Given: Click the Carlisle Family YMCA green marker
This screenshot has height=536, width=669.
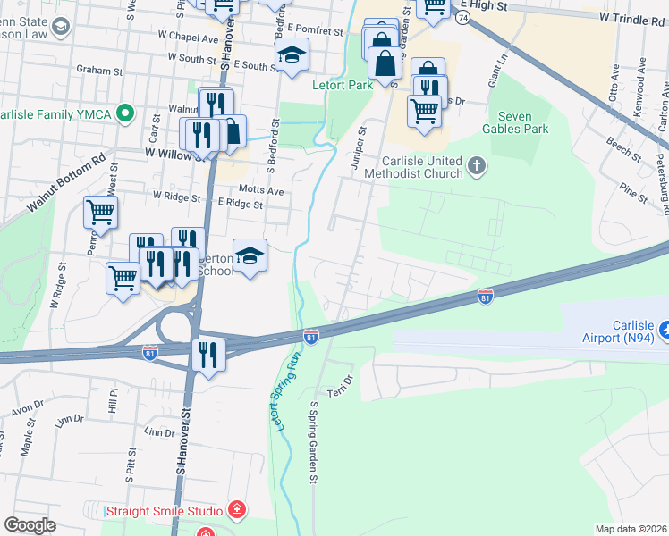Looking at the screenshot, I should [x=125, y=113].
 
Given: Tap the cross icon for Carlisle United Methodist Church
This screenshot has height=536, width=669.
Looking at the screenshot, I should [x=477, y=164].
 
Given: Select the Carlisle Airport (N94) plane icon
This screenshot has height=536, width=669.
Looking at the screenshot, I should [x=664, y=331].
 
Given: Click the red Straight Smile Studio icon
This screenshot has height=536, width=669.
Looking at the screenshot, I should [x=236, y=511].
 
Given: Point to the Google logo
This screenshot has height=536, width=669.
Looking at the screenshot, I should [x=30, y=525].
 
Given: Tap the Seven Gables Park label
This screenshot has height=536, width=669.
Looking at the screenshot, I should [x=524, y=121].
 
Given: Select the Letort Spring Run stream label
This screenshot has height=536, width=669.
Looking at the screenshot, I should [x=287, y=393].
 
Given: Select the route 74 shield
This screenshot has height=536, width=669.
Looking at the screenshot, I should [x=462, y=17].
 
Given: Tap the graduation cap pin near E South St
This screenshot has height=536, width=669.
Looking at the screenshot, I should [x=292, y=55].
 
